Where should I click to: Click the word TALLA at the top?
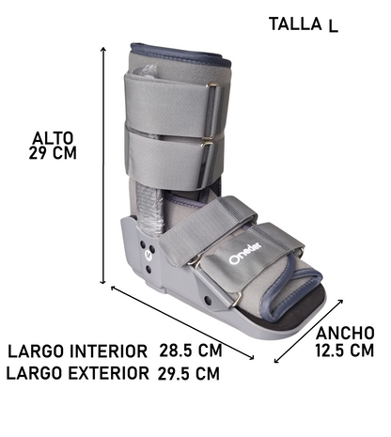pyautogui.click(x=294, y=23)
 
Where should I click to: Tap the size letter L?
pyautogui.click(x=333, y=25)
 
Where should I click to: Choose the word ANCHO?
pyautogui.click(x=346, y=333)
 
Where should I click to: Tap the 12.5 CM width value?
pyautogui.click(x=345, y=351)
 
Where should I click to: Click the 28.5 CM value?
pyautogui.click(x=190, y=351)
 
